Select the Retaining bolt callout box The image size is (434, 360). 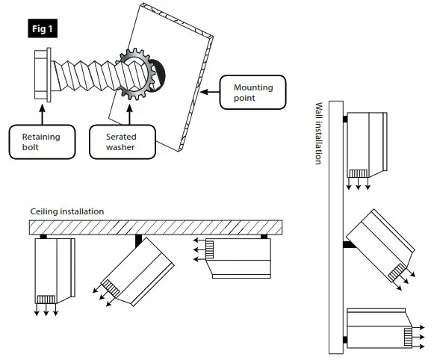click(x=40, y=142)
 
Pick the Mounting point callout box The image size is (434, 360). click(x=252, y=93)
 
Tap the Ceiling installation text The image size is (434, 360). click(x=66, y=211)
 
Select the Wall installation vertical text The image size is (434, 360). click(x=318, y=134)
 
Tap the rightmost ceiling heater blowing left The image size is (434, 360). click(x=239, y=257)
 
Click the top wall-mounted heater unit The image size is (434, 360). click(x=368, y=141)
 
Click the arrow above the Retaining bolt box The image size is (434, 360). click(x=41, y=113)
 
